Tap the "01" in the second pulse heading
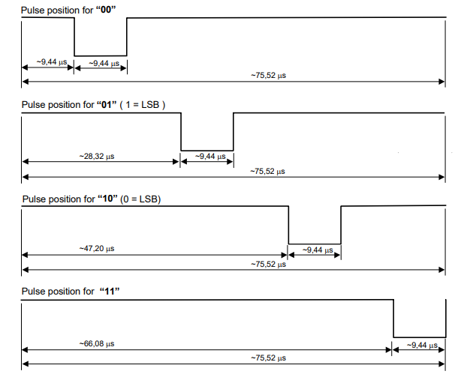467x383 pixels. click(105, 103)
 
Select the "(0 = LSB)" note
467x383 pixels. click(140, 199)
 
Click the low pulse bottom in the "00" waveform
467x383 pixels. click(101, 55)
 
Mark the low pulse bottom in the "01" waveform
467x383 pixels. click(207, 151)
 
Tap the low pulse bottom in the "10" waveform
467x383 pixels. click(315, 243)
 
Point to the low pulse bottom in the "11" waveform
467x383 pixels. click(420, 337)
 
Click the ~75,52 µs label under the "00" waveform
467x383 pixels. click(268, 75)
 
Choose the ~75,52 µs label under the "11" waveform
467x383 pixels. click(268, 358)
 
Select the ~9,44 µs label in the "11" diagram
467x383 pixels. click(421, 345)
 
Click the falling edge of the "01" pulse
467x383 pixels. click(182, 131)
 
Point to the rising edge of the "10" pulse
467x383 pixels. click(341, 225)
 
